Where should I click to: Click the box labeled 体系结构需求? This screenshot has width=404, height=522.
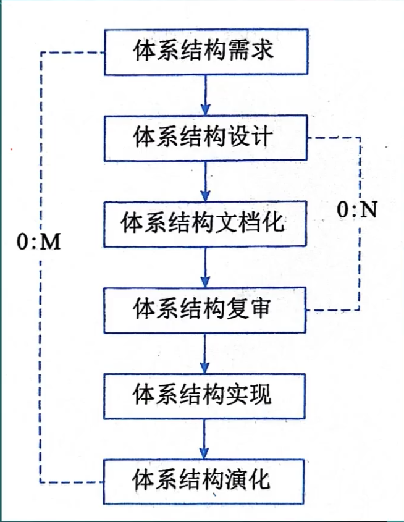click(206, 52)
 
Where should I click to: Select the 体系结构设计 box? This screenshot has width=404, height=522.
click(206, 138)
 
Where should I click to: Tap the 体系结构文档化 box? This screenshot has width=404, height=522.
click(205, 224)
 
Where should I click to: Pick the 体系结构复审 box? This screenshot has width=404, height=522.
click(204, 310)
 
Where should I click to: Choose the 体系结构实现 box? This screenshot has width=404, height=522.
click(204, 396)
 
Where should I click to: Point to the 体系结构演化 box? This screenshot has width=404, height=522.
click(204, 482)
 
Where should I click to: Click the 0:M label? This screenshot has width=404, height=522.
click(39, 242)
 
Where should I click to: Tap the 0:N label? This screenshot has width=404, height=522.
click(357, 210)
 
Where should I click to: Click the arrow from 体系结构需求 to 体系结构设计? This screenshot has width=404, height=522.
click(206, 95)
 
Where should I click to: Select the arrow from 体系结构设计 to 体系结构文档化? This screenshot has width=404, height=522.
click(205, 181)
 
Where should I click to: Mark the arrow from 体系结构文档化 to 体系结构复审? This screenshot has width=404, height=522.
click(205, 267)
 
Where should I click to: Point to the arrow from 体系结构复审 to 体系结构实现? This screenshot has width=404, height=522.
click(204, 353)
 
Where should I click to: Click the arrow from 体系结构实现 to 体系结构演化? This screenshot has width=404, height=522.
click(204, 439)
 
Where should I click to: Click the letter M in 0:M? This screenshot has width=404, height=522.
click(51, 242)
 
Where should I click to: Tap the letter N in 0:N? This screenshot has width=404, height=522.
click(368, 210)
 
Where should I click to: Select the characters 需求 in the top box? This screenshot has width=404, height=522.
click(251, 51)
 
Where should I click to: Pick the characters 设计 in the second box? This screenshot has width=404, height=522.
click(251, 136)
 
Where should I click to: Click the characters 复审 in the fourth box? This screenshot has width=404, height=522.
click(249, 308)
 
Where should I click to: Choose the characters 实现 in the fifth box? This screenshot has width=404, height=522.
click(249, 394)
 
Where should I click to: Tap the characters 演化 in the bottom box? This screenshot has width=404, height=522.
click(248, 480)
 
